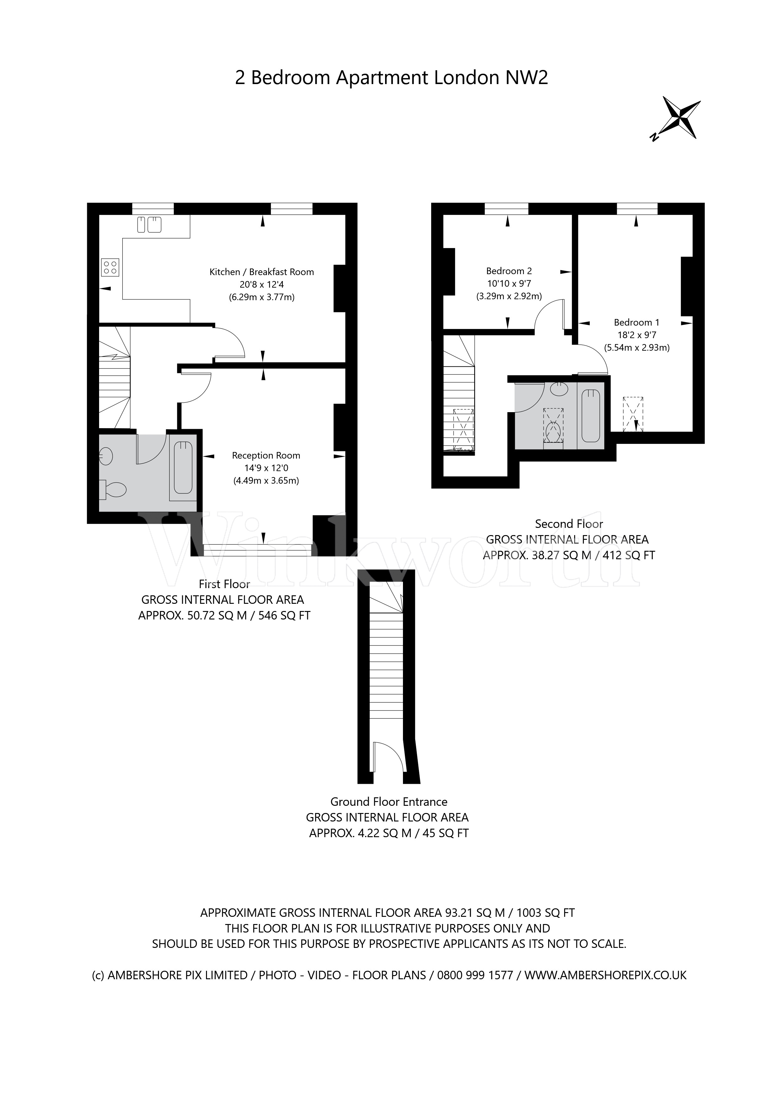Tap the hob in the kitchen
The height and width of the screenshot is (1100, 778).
click(x=110, y=267)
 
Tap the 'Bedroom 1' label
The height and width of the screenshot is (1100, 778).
click(x=636, y=322)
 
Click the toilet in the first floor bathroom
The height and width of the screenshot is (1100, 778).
click(x=113, y=489)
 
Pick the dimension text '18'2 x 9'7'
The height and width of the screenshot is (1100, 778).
click(x=636, y=335)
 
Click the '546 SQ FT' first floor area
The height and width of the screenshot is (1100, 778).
click(x=284, y=616)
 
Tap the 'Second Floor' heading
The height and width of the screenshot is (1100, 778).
click(x=569, y=524)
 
